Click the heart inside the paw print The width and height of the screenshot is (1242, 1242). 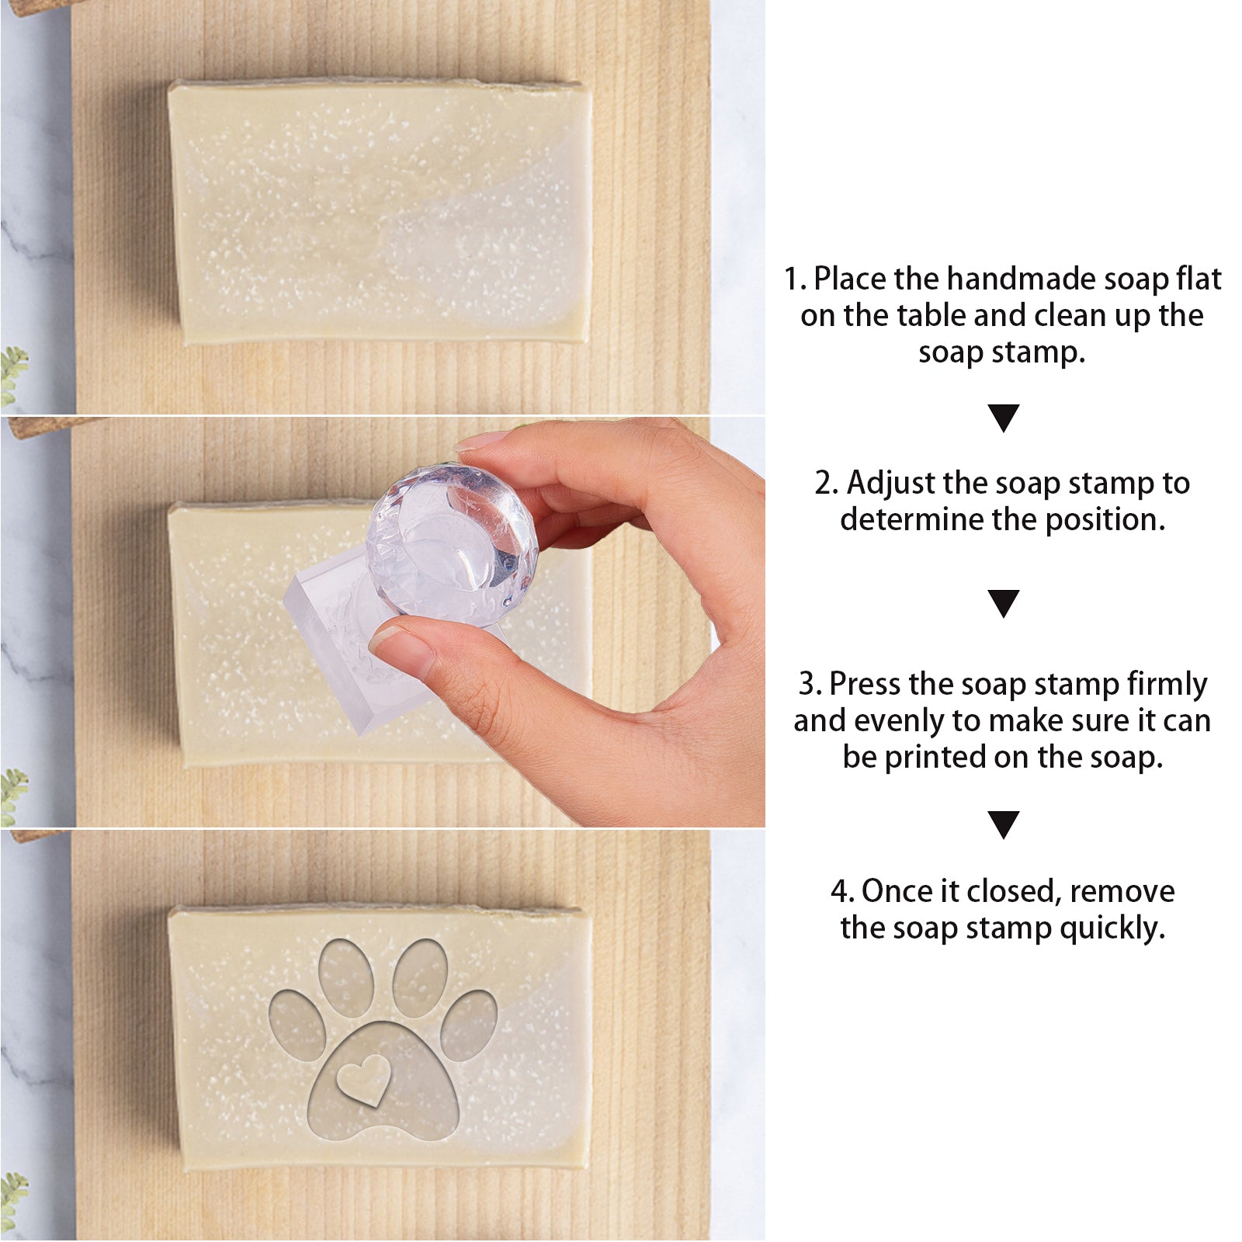click(363, 1080)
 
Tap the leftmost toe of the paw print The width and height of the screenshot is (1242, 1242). click(297, 1025)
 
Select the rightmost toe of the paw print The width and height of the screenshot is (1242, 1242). click(469, 1025)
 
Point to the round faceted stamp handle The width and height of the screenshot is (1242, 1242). click(453, 545)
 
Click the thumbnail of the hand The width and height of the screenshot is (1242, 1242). click(401, 650)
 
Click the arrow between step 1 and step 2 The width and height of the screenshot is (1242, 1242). click(1003, 418)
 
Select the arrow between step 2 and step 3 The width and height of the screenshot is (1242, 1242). click(1003, 603)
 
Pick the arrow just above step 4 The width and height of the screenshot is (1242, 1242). click(1003, 824)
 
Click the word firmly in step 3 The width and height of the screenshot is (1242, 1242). click(1167, 685)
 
